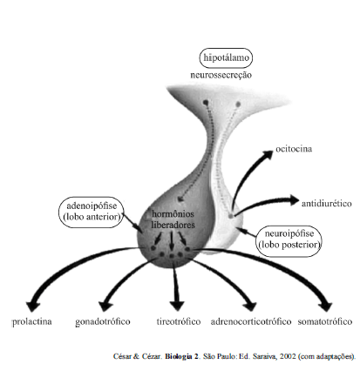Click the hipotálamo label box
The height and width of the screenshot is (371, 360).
click(x=226, y=57)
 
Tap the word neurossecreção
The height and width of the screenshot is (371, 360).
click(x=221, y=75)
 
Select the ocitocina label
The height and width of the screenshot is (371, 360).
click(x=294, y=149)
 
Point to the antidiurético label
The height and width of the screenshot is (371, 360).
click(x=326, y=204)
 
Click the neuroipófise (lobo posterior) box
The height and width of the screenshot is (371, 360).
click(x=289, y=241)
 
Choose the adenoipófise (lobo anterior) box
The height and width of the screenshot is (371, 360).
click(x=92, y=212)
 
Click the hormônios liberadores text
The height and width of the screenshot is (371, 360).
click(x=173, y=219)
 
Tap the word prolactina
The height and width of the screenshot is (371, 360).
click(x=32, y=321)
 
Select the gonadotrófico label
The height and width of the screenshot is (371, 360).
click(x=103, y=321)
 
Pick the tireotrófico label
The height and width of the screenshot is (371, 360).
click(x=179, y=321)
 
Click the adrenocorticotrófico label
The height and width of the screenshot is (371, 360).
click(x=251, y=321)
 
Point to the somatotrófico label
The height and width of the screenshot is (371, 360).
click(x=325, y=321)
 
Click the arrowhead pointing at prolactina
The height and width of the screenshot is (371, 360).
click(x=33, y=307)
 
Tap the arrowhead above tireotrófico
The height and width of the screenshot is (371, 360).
click(x=177, y=307)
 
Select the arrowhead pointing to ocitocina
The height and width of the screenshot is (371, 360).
click(x=267, y=154)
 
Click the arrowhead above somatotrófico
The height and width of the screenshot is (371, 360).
click(x=326, y=307)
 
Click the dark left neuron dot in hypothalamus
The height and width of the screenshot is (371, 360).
click(x=206, y=103)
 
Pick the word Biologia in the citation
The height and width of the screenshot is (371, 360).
click(x=180, y=356)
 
